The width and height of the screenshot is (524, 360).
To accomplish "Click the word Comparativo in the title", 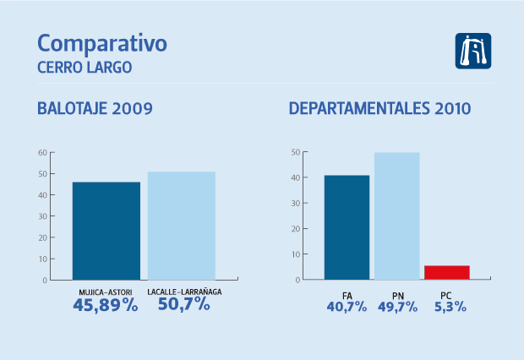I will click(102, 44).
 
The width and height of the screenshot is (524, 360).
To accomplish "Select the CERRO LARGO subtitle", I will click(85, 68).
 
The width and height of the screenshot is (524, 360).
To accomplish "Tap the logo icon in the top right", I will click(473, 51).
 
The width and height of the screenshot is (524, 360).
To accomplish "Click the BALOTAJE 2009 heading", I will click(95, 109).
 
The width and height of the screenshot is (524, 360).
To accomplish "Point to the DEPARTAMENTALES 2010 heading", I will click(379, 109).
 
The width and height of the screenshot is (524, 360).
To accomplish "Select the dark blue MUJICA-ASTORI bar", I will click(106, 230).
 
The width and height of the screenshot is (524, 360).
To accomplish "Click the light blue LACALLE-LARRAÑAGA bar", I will click(181, 225).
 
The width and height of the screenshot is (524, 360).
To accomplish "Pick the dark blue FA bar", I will click(347, 226).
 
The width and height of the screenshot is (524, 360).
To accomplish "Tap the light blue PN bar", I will click(396, 215).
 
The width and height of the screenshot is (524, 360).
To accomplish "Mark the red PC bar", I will click(446, 272).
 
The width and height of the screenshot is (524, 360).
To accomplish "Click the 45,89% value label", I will click(105, 304).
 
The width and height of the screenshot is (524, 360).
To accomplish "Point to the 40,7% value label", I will click(347, 307).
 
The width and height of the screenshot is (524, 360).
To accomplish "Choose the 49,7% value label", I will click(396, 307).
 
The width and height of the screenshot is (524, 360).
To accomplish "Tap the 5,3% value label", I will click(446, 307).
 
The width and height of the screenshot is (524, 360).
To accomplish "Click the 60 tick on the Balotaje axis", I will click(41, 153).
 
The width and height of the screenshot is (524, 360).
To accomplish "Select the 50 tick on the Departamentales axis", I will click(295, 153).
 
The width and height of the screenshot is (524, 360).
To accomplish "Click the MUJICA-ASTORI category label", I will click(106, 292).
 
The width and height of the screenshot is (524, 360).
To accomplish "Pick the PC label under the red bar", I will click(446, 294).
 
